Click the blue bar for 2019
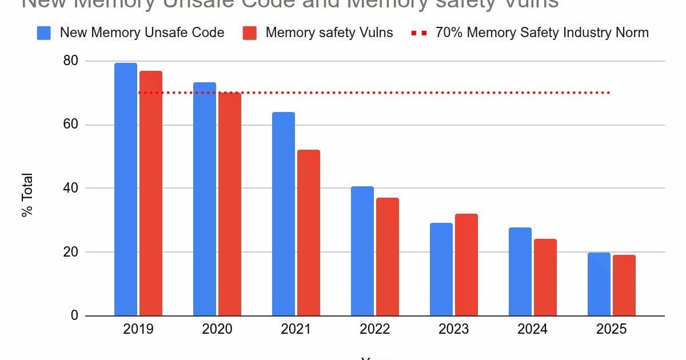126,189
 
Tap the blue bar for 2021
284,214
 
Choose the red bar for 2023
466,265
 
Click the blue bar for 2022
362,251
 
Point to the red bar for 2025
624,285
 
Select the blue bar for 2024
520,271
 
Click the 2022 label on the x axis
375,329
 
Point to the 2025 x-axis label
611,329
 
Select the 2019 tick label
138,329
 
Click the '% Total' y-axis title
27,195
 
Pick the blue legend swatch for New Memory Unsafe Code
44,33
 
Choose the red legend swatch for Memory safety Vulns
250,33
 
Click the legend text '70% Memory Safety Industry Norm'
542,33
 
